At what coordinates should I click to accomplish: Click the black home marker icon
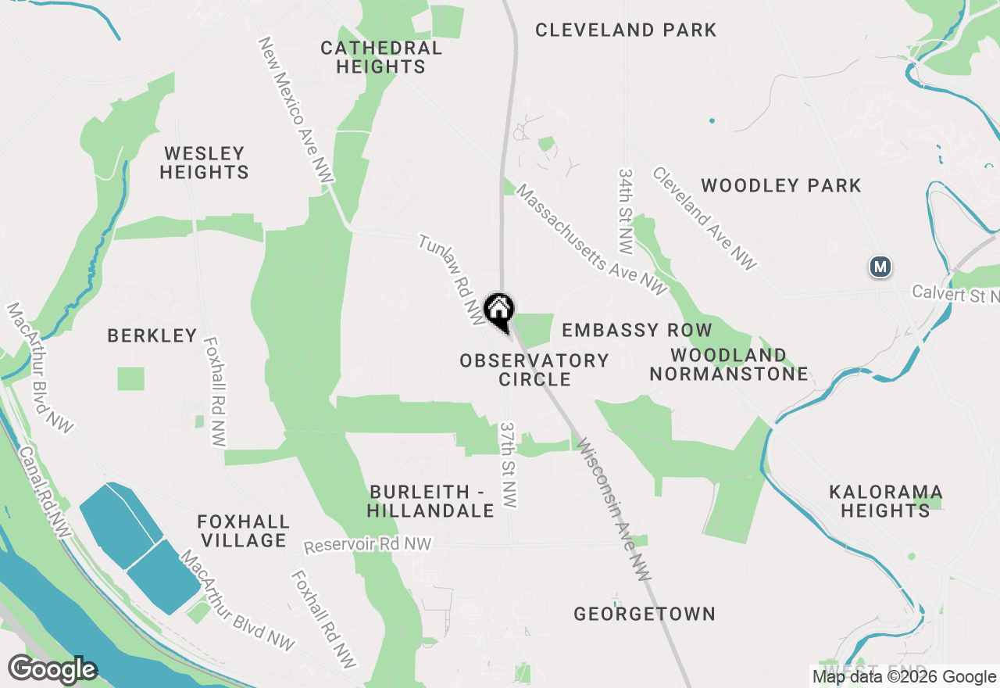[x=498, y=310]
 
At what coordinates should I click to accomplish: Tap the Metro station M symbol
[x=880, y=267]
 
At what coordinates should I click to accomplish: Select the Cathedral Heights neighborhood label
[x=381, y=57]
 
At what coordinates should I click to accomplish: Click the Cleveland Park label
[x=626, y=30]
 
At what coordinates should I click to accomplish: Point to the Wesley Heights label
[x=204, y=163]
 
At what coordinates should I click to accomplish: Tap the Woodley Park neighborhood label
[x=780, y=185]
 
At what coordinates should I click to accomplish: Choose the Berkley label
[x=152, y=335]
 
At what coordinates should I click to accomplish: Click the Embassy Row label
[x=637, y=330]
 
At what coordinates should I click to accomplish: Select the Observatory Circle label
[x=534, y=370]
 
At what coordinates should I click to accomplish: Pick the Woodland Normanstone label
[x=728, y=364]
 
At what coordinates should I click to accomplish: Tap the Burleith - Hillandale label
[x=431, y=501]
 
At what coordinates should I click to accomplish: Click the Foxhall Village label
[x=243, y=531]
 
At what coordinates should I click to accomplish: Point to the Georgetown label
[x=645, y=614]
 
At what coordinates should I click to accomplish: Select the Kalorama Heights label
[x=885, y=501]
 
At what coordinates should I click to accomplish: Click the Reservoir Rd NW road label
[x=367, y=545]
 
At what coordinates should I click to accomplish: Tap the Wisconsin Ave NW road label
[x=614, y=509]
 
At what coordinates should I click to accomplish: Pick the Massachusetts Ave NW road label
[x=591, y=241]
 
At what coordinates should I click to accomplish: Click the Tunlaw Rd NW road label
[x=452, y=279]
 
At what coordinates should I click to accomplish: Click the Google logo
[x=52, y=670]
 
